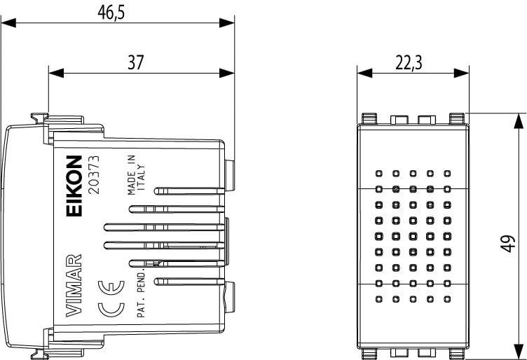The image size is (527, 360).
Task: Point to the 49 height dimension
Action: [509, 243]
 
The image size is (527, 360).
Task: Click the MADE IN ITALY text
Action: [135, 176]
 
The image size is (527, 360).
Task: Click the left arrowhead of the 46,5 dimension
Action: [7, 22]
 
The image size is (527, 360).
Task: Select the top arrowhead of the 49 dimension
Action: [518, 119]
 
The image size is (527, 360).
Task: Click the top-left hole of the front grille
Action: [378, 172]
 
